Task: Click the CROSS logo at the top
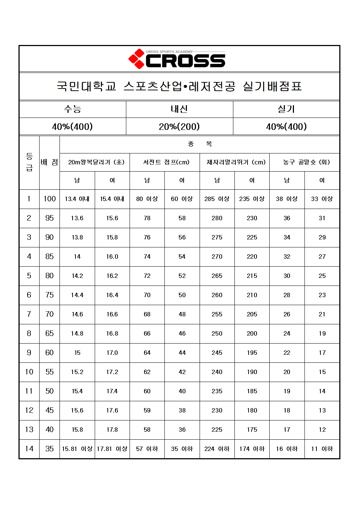click(177, 59)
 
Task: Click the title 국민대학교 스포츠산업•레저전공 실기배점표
click(179, 86)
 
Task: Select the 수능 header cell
click(73, 109)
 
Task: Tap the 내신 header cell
click(179, 109)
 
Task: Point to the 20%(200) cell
click(179, 127)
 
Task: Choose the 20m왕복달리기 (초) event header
click(95, 162)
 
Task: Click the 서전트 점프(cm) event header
click(165, 162)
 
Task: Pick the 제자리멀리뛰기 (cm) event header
click(235, 162)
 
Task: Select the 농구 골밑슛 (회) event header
click(305, 162)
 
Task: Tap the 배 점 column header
click(49, 163)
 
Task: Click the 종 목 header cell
click(200, 144)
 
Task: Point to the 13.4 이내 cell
click(77, 199)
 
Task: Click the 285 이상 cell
click(217, 199)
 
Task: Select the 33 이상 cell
click(322, 199)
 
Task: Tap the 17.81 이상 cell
click(112, 449)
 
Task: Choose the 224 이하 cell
click(217, 449)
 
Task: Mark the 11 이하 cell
click(322, 449)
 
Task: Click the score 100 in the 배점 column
click(49, 199)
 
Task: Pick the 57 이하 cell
click(147, 449)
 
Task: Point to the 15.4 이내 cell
click(112, 199)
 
